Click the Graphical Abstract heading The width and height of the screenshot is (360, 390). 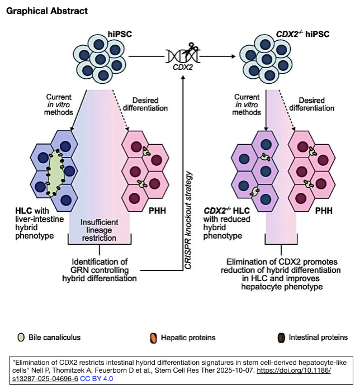tap(47, 11)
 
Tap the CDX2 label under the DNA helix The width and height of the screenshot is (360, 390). tap(183, 67)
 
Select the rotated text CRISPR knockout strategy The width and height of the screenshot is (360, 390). tap(188, 220)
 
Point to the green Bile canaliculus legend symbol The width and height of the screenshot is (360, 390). tap(21, 337)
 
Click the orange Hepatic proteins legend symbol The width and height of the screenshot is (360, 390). tap(154, 338)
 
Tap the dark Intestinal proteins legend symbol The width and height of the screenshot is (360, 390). tap(281, 338)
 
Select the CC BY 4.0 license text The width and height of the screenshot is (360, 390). tap(97, 379)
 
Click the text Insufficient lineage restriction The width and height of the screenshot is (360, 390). tap(100, 230)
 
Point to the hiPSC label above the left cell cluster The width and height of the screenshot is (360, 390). tap(120, 34)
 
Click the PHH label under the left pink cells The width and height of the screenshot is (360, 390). tap(157, 211)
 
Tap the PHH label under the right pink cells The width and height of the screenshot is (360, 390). tap(324, 211)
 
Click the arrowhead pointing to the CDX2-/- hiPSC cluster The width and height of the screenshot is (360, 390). tap(233, 56)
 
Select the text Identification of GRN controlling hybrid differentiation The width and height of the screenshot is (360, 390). tap(100, 270)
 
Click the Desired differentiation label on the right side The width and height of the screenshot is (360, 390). tap(312, 104)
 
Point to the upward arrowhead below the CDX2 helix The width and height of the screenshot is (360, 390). tap(183, 77)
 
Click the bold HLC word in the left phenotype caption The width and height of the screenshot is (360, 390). tap(23, 211)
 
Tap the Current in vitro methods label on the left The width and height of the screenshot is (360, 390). tap(59, 104)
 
